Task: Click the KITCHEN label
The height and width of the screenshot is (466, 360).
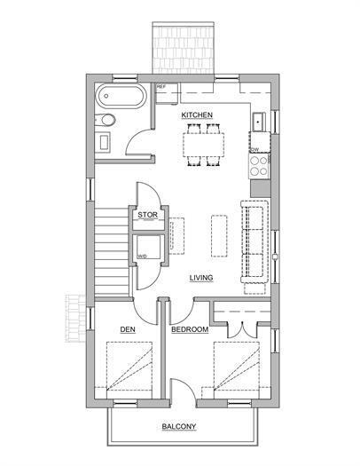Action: click(x=196, y=115)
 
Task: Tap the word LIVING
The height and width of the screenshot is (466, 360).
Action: click(x=202, y=278)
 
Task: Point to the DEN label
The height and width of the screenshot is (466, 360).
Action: click(x=127, y=329)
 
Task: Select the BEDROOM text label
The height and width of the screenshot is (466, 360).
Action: click(x=189, y=329)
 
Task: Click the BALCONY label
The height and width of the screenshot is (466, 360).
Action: click(x=178, y=427)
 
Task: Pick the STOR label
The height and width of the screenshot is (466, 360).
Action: click(x=147, y=215)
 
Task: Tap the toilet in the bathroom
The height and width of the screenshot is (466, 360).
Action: click(x=107, y=120)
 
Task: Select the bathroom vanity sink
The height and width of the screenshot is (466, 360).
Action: click(x=103, y=141)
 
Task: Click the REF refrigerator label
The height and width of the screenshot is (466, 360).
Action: click(x=161, y=87)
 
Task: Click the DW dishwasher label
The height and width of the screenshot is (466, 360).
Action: click(x=254, y=149)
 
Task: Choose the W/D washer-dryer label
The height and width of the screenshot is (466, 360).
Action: click(x=142, y=257)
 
